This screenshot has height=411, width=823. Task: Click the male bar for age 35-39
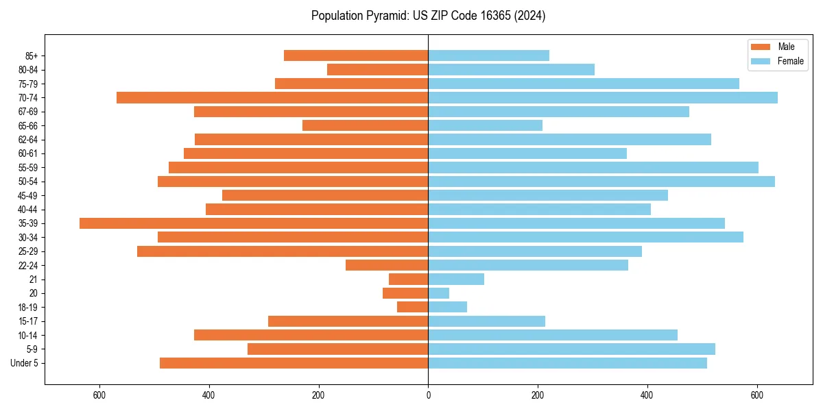coord(254,223)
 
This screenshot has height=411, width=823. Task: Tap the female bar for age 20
coord(439,293)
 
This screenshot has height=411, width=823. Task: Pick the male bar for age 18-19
coord(413,307)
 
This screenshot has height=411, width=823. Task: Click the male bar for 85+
coord(356,55)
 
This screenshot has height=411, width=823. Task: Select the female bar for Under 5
coord(567,363)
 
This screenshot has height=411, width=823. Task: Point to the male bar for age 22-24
coord(387,265)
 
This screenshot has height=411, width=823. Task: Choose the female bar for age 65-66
coord(485,125)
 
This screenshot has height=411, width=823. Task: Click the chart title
coord(428,16)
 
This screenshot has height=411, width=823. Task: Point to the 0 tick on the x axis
coord(428,395)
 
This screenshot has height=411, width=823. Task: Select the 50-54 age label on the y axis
coord(28,182)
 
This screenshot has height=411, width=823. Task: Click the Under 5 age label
coord(25,363)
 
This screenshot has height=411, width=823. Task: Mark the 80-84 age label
coord(28,70)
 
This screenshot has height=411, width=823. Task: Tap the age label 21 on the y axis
coord(33,279)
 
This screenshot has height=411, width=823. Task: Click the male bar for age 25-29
coord(283,251)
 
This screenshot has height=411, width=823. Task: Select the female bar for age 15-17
coord(486,321)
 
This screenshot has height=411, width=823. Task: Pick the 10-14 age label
coord(28,335)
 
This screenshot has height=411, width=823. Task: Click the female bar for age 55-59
coord(593,168)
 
